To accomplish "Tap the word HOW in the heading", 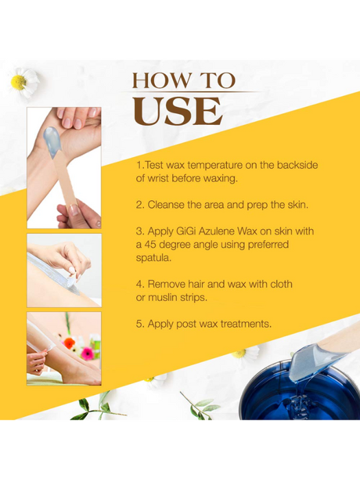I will (157, 80).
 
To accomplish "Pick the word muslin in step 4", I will (162, 298).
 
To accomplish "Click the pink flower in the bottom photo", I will (87, 354).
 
